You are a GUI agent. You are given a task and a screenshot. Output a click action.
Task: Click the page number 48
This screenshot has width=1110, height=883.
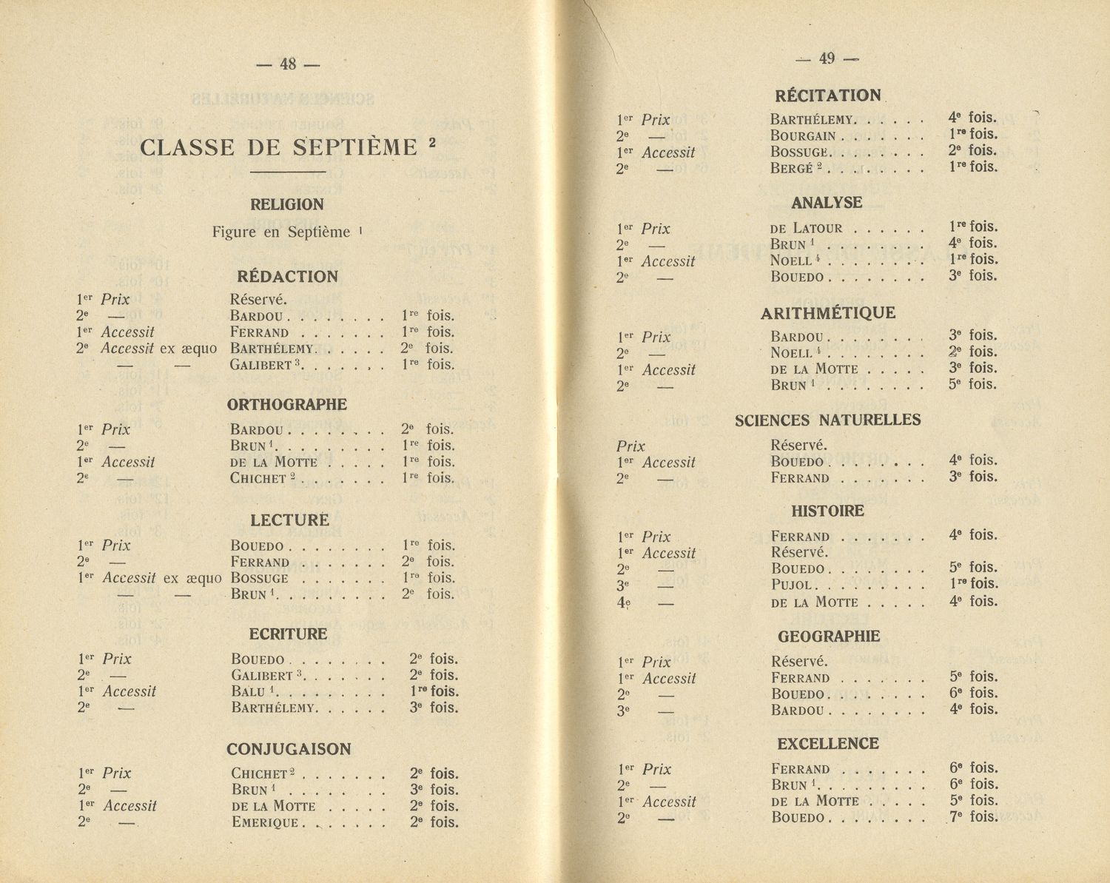click(288, 64)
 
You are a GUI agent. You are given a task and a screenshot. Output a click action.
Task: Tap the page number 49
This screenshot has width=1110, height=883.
click(827, 58)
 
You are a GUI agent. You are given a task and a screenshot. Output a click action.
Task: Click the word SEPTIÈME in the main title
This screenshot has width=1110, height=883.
click(355, 147)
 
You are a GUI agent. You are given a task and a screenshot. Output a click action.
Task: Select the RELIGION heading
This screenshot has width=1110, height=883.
click(287, 204)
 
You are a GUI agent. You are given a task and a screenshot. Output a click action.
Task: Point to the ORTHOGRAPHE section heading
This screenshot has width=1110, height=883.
click(287, 405)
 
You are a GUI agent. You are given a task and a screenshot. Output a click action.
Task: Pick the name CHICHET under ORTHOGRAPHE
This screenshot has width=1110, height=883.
click(258, 479)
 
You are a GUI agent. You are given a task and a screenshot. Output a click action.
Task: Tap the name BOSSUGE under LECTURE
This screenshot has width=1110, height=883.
click(259, 578)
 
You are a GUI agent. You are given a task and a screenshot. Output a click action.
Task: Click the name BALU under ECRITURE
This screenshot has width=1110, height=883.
click(249, 692)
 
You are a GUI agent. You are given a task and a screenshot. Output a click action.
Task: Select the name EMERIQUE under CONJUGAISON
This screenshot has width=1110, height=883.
click(265, 822)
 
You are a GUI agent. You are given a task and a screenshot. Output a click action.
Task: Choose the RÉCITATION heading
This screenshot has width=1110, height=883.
click(828, 95)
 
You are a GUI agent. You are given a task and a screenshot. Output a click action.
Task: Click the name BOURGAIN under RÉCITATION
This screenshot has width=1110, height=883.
click(803, 135)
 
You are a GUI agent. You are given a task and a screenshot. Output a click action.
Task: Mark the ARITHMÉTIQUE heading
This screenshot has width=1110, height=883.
click(828, 313)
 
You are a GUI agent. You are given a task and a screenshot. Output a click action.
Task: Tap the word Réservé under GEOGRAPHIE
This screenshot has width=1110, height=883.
click(798, 662)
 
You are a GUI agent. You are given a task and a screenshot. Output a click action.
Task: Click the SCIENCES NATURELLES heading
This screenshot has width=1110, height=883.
click(827, 420)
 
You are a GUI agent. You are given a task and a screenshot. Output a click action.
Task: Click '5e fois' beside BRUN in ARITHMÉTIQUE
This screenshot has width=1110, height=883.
click(973, 384)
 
